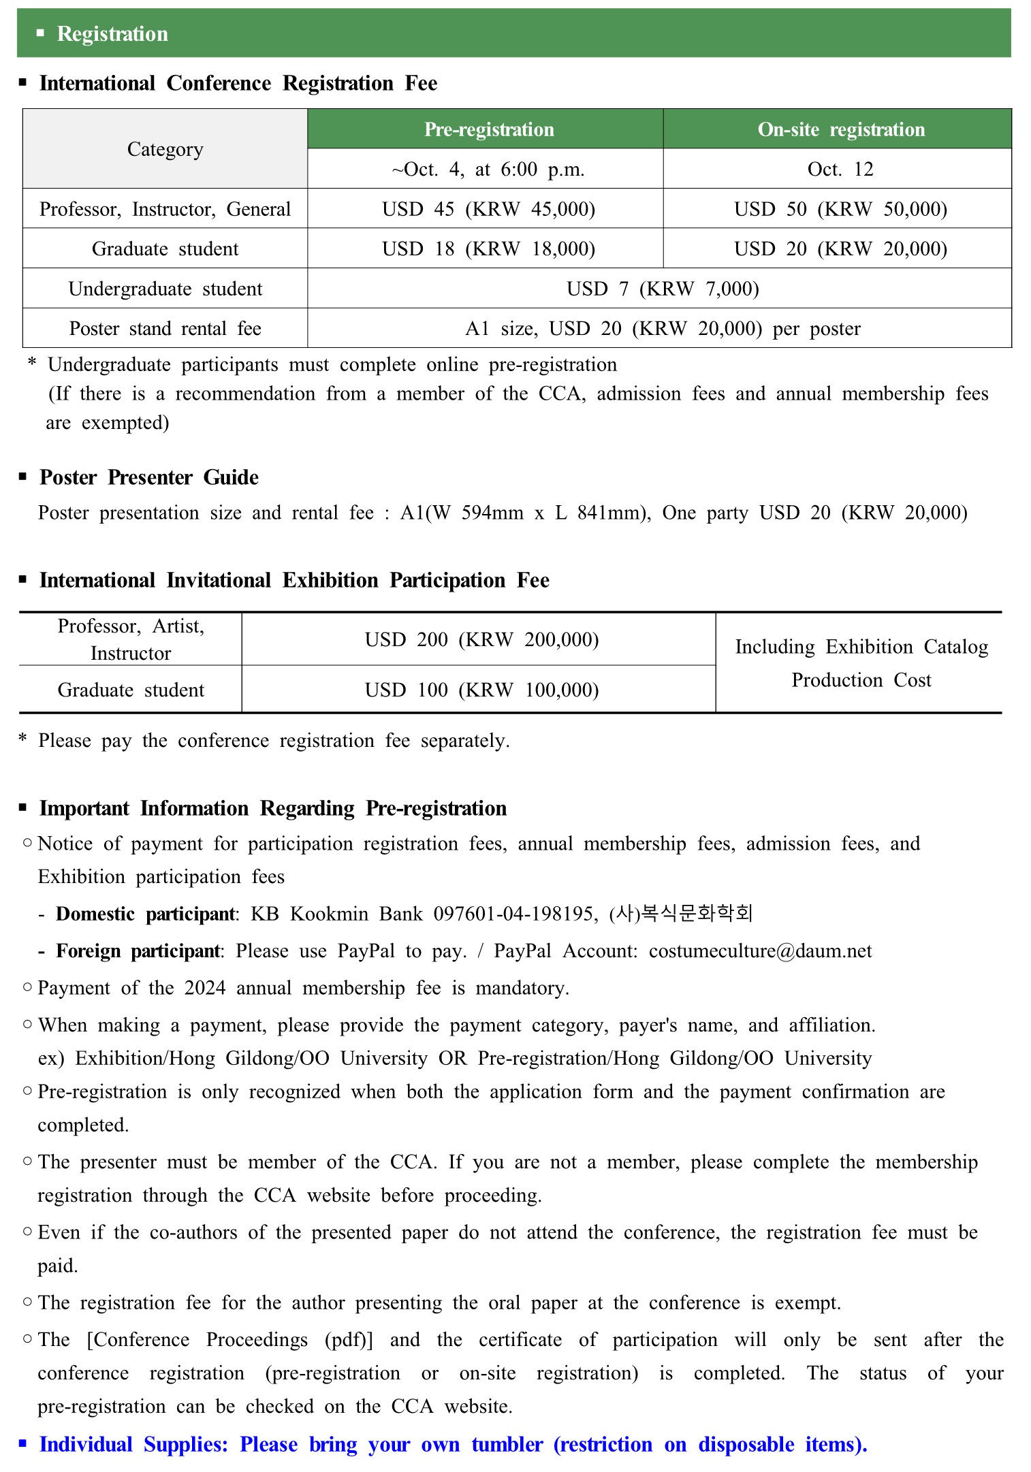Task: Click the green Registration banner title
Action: (x=112, y=34)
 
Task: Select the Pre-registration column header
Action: (x=489, y=129)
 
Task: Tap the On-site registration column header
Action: (x=841, y=129)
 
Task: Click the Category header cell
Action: (x=165, y=149)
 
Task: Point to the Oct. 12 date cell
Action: (x=840, y=169)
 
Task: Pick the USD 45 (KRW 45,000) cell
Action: (x=488, y=209)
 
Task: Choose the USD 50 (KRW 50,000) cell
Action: (x=840, y=209)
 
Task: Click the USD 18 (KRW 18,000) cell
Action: (x=488, y=249)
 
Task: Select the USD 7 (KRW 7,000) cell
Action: (x=663, y=289)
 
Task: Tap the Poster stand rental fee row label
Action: (x=165, y=328)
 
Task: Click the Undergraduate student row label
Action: (x=165, y=289)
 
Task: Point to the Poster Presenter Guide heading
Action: (x=149, y=477)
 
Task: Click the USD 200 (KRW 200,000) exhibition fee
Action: (x=481, y=639)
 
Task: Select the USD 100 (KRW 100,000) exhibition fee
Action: (x=481, y=690)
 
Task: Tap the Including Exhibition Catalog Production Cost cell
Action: (x=861, y=663)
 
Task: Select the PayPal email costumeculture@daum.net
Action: (x=760, y=951)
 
